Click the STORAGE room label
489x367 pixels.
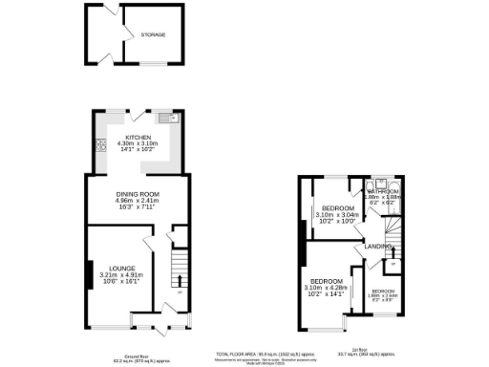pos(154,34)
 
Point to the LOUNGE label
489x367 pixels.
pos(120,268)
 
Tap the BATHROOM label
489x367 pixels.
pos(384,191)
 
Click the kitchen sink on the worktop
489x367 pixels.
pos(164,119)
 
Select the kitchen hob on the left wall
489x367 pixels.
pos(99,146)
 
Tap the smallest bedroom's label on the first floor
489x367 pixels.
pos(383,291)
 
